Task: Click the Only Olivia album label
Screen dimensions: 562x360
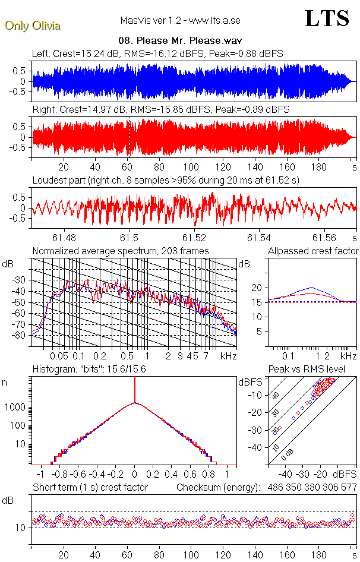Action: click(32, 26)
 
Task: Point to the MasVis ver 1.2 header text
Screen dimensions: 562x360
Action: click(180, 21)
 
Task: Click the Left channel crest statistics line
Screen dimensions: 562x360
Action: click(157, 53)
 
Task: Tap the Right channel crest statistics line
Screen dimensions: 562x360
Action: click(160, 109)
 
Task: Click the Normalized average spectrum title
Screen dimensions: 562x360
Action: click(121, 251)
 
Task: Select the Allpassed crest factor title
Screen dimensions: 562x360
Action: click(313, 251)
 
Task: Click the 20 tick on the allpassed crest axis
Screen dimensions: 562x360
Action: click(257, 288)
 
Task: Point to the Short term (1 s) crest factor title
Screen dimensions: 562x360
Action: click(90, 487)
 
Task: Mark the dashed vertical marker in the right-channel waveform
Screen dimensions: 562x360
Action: click(130, 137)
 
